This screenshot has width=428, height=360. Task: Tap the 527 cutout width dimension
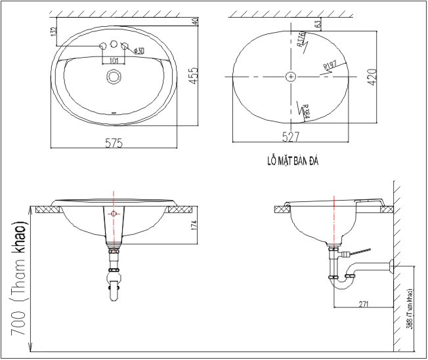291,137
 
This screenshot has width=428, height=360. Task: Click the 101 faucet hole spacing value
114,60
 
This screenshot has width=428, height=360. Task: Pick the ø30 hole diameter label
139,50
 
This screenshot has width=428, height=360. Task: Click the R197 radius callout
330,65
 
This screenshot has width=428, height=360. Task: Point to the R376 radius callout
302,39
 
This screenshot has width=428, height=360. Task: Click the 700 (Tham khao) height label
20,279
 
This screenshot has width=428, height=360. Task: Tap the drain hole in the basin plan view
114,77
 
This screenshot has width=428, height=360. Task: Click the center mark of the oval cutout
291,77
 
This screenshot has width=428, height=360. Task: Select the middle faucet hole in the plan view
114,45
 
